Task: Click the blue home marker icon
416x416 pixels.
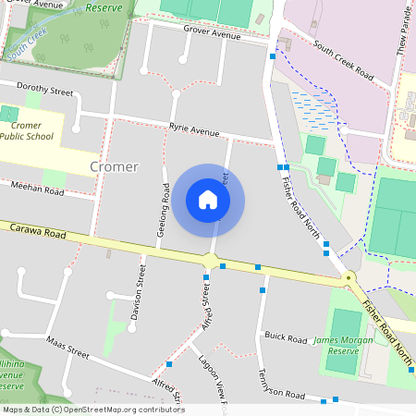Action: [208, 199]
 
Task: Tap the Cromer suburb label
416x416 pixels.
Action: [115, 167]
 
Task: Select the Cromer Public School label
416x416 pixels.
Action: [26, 129]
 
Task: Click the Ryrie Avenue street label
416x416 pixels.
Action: [194, 131]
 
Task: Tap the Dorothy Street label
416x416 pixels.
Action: [44, 92]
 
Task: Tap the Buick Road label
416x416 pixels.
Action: [283, 336]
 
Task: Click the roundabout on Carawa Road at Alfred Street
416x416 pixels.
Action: [212, 262]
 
